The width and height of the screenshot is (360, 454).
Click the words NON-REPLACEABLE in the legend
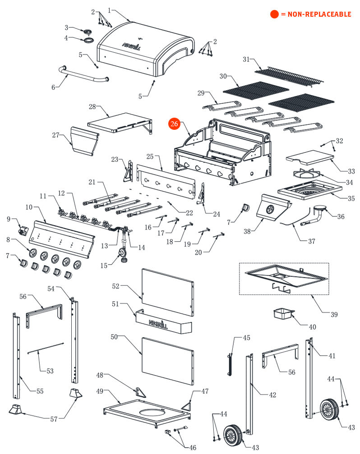(316, 14)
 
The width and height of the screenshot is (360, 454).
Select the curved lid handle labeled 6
(83, 76)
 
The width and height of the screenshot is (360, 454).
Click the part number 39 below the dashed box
(333, 314)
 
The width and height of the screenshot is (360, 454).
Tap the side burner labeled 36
(321, 211)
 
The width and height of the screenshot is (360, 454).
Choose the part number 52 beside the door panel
(116, 286)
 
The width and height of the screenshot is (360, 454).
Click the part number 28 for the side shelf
(92, 107)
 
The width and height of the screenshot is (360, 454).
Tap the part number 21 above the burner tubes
(92, 182)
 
